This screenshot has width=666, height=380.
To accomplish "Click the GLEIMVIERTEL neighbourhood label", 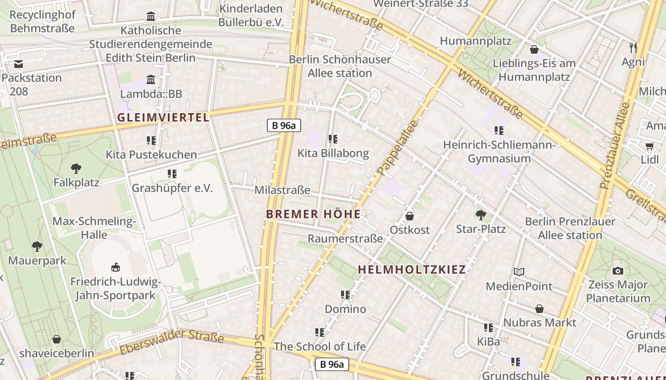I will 163,117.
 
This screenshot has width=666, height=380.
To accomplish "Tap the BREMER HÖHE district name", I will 313,214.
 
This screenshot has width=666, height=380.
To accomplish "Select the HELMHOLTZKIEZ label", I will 411,270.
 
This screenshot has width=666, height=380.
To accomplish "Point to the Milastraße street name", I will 282,190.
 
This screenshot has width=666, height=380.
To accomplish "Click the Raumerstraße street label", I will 345,238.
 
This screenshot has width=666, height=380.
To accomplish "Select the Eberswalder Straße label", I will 171,343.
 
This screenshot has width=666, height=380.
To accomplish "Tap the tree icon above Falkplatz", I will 76,168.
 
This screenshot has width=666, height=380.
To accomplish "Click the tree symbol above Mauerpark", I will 37,246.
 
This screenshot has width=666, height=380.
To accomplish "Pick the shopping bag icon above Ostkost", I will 409,216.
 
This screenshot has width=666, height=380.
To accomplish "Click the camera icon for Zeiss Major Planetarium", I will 618,271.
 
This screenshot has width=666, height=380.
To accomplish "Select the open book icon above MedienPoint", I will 519,272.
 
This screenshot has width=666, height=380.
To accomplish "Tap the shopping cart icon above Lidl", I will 649,146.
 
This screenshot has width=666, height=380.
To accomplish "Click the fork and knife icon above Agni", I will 633,47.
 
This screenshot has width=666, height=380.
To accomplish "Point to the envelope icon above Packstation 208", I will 18,64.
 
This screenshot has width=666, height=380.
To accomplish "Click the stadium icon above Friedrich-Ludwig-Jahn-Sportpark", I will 115,267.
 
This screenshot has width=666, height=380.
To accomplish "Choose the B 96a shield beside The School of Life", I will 332,364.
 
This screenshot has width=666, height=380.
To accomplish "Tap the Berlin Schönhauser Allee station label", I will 340,66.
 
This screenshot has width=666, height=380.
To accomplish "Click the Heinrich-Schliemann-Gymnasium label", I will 499,151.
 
